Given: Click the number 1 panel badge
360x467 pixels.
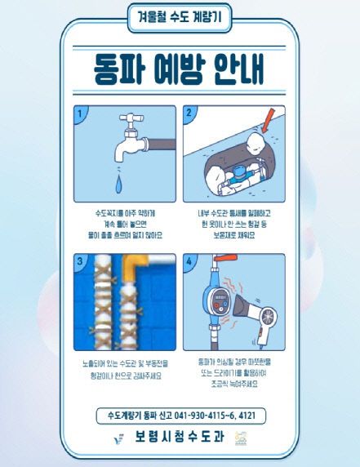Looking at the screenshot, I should [81, 113].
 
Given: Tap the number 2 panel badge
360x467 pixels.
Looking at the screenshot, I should [190, 113].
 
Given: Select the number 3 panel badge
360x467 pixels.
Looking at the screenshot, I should [81, 262].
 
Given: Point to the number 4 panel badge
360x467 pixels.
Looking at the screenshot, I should [190, 262].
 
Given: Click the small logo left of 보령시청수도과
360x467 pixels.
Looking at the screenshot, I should [119, 439].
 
